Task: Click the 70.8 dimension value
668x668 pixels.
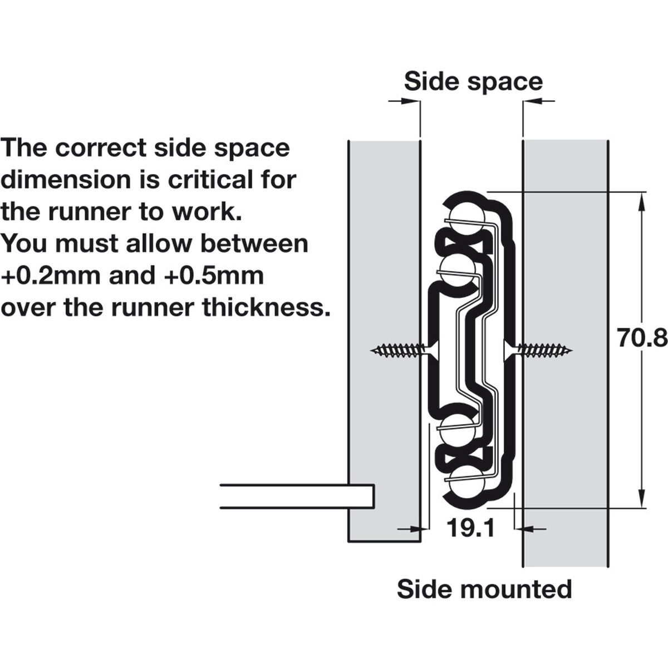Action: click(642, 337)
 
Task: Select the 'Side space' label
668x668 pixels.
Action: click(473, 81)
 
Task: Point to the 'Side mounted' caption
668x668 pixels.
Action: click(484, 588)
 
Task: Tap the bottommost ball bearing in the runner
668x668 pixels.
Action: click(461, 483)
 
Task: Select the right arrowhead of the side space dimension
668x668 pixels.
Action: click(532, 101)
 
